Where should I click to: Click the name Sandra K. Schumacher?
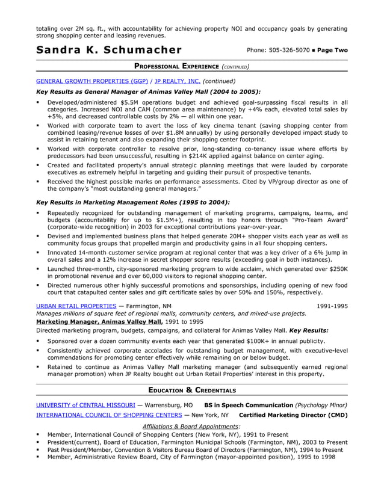click(108, 49)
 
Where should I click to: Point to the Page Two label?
click(332, 50)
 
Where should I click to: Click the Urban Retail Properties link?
click(76, 306)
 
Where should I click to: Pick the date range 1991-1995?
click(332, 306)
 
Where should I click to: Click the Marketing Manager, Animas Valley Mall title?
click(99, 321)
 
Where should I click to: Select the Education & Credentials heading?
click(191, 390)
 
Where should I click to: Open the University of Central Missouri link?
click(85, 405)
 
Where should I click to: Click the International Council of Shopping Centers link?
click(109, 415)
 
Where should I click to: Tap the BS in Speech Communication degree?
click(248, 405)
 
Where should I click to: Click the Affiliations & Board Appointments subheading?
click(191, 425)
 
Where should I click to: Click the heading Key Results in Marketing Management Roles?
click(133, 202)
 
